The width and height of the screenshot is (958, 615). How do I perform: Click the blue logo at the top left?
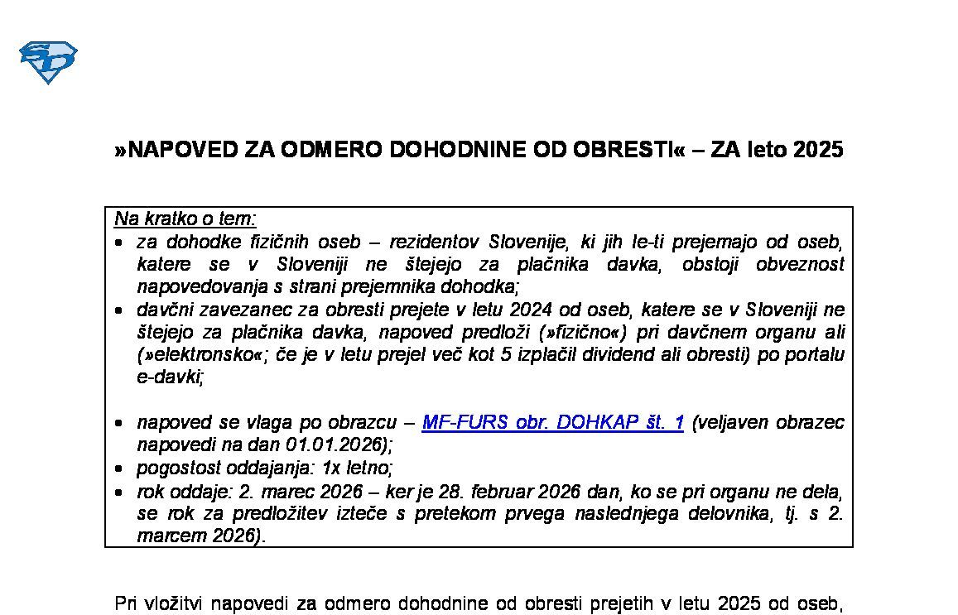[x=48, y=62]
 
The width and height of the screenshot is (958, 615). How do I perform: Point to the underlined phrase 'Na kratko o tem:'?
[x=185, y=219]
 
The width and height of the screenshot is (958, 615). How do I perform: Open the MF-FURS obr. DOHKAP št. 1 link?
[x=552, y=422]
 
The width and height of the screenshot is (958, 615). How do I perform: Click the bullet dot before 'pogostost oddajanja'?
[x=119, y=468]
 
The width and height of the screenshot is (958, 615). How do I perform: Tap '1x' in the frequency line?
[x=330, y=467]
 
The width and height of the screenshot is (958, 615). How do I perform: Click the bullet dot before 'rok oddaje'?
[x=119, y=491]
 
